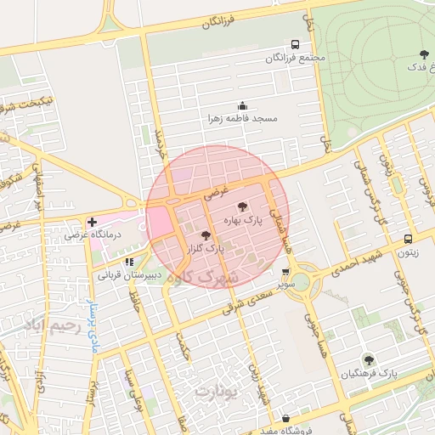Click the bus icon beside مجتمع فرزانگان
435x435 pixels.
pyautogui.click(x=295, y=44)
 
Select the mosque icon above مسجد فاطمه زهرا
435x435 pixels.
pyautogui.click(x=242, y=106)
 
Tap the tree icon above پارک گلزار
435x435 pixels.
pyautogui.click(x=206, y=235)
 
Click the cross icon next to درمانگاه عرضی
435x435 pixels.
pyautogui.click(x=92, y=222)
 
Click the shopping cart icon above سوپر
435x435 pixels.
pyautogui.click(x=285, y=273)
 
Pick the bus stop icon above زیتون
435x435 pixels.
pyautogui.click(x=409, y=240)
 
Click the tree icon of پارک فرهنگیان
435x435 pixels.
pyautogui.click(x=368, y=359)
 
